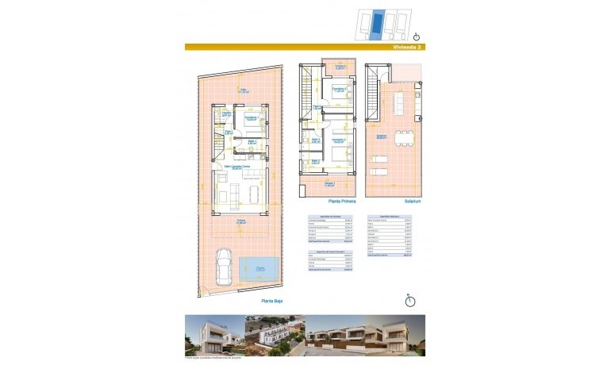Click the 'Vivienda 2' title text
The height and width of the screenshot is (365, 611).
[x=408, y=48]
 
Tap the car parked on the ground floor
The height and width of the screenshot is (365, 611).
[x=224, y=272]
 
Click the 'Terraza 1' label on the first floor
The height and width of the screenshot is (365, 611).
[x=328, y=184]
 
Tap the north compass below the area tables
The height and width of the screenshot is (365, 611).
[x=409, y=300]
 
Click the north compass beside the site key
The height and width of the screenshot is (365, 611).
[x=417, y=36]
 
